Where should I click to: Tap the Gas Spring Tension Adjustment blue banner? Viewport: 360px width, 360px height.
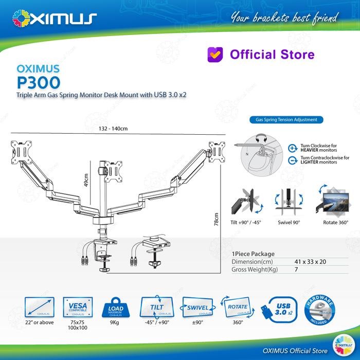(x=286, y=120)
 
